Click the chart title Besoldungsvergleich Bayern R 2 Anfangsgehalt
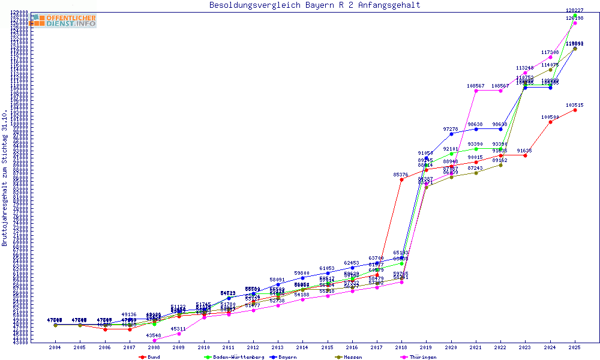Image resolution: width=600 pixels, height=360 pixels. tap(314, 5)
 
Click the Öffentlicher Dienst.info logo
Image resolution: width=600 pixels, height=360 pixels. tap(63, 21)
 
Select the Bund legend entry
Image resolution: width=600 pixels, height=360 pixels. tap(150, 357)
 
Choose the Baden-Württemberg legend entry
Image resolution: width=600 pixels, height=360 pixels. tap(235, 357)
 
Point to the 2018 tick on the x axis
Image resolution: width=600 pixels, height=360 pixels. tap(401, 347)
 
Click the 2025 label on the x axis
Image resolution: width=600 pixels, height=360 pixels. tap(575, 347)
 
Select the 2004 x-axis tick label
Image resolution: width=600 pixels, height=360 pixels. tap(55, 347)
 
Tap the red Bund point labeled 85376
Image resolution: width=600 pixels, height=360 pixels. tap(401, 179)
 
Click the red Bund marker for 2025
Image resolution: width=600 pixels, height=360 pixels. tap(575, 110)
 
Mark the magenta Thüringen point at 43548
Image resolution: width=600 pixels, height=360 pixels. tap(154, 340)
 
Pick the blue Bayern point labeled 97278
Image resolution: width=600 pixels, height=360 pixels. tap(451, 134)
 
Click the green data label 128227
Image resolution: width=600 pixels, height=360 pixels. tap(574, 10)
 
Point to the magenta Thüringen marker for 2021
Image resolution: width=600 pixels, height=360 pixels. tap(476, 91)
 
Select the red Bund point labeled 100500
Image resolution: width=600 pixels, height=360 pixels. tap(550, 122)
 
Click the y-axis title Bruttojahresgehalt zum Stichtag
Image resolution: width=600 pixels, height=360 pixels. tap(5, 179)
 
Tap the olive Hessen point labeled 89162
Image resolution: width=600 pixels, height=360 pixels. tap(500, 165)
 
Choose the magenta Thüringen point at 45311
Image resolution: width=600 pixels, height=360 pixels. tap(179, 334)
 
